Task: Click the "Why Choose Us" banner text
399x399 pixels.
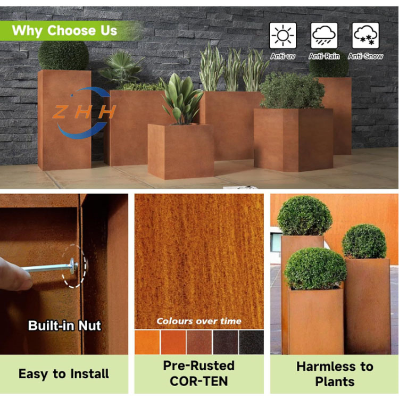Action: point(64,30)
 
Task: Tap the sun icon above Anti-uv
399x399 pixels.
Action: point(282,36)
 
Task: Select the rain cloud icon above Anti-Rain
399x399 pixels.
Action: point(324,36)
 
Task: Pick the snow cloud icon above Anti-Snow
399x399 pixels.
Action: point(365,36)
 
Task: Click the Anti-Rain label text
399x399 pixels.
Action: point(324,56)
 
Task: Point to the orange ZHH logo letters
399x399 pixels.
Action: point(84,112)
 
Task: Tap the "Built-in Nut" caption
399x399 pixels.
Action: point(64,325)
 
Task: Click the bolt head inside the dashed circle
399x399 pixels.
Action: point(72,265)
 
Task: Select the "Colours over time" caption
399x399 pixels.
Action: point(199,321)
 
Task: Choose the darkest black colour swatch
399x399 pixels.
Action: point(251,342)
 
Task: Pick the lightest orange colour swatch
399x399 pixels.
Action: point(147,342)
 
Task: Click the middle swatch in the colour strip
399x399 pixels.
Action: point(199,342)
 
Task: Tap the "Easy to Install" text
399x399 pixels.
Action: point(64,374)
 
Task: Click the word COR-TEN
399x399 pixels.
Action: point(199,381)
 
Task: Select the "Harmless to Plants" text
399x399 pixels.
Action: point(335,374)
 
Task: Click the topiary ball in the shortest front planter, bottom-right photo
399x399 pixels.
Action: point(315,269)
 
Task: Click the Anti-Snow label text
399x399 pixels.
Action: point(365,56)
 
